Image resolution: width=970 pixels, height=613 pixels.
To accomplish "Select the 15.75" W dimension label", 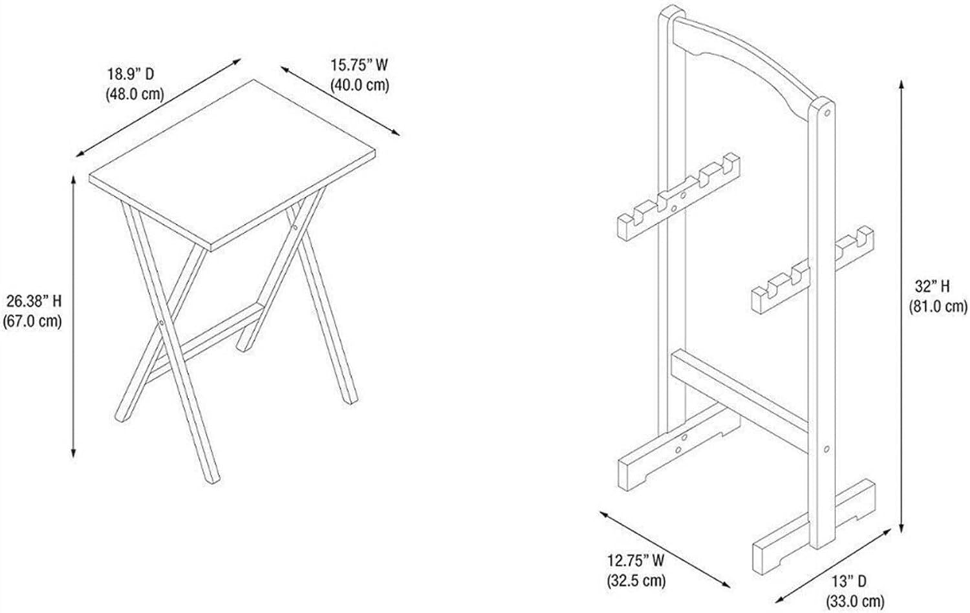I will tap(359, 65).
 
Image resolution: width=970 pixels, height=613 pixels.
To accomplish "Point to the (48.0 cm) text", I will tap(135, 94).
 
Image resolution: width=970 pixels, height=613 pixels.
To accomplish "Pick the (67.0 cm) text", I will tap(33, 321).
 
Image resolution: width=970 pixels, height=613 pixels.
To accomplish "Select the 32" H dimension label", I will tap(932, 286).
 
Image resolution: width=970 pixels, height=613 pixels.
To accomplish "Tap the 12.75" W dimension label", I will tap(636, 560).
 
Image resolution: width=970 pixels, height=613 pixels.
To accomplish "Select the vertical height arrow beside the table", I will tap(74, 317).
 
